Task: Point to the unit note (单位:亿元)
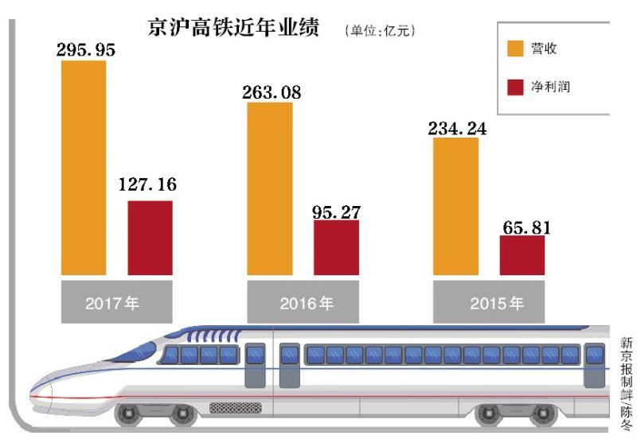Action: click(x=380, y=31)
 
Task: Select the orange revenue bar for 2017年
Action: click(x=84, y=167)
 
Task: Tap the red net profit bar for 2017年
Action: click(x=150, y=238)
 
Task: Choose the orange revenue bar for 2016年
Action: click(x=270, y=188)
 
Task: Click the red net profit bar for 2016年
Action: click(x=336, y=247)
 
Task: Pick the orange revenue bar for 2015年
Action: click(x=455, y=207)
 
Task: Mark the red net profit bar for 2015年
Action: click(x=522, y=255)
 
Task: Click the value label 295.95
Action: click(x=86, y=49)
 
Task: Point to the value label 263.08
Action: click(x=272, y=91)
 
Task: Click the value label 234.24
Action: click(x=456, y=127)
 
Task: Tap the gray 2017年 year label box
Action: click(x=117, y=302)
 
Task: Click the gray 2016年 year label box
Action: click(x=303, y=302)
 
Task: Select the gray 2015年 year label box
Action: click(x=489, y=302)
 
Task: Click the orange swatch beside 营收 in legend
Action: click(x=516, y=49)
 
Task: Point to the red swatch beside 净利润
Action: click(x=516, y=87)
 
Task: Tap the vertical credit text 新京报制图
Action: click(x=627, y=374)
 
